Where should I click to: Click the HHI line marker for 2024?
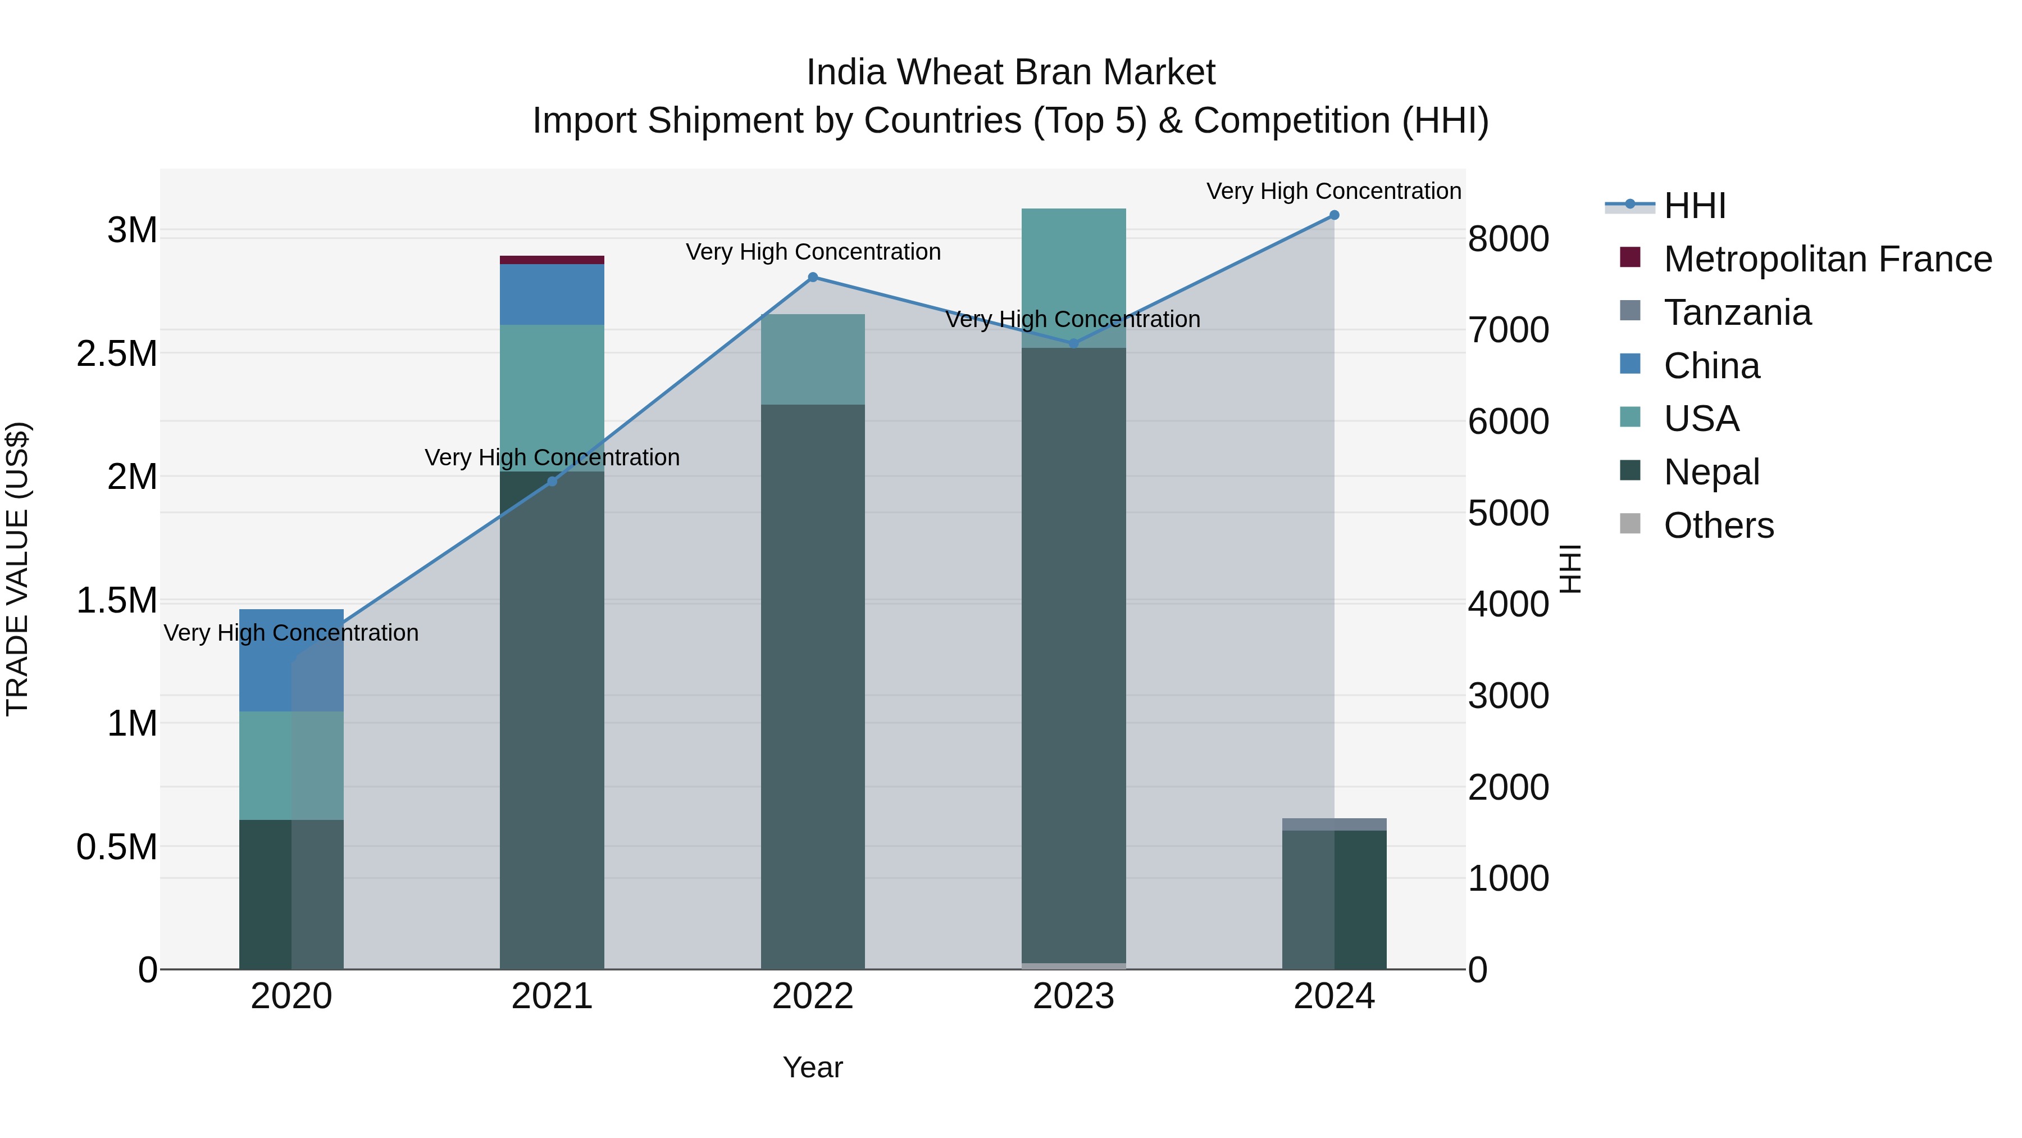pyautogui.click(x=1333, y=215)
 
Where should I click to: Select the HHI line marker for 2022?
pyautogui.click(x=812, y=277)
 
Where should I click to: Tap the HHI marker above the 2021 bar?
pyautogui.click(x=552, y=482)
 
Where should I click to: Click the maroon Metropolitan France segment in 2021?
pyautogui.click(x=552, y=260)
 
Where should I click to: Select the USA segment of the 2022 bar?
pyautogui.click(x=812, y=359)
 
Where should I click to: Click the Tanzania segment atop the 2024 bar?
pyautogui.click(x=1333, y=824)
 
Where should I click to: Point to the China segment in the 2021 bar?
pyautogui.click(x=552, y=294)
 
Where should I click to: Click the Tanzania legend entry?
pyautogui.click(x=1736, y=312)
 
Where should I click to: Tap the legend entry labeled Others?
pyautogui.click(x=1718, y=525)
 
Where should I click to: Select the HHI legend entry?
pyautogui.click(x=1694, y=206)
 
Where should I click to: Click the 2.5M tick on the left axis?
pyautogui.click(x=116, y=354)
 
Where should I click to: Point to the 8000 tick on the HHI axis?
pyautogui.click(x=1508, y=239)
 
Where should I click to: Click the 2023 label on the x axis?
pyautogui.click(x=1073, y=996)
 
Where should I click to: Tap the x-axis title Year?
pyautogui.click(x=812, y=1067)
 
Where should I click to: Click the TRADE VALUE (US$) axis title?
pyautogui.click(x=17, y=569)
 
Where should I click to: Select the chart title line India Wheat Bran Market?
pyautogui.click(x=1010, y=72)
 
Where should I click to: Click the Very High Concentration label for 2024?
pyautogui.click(x=1333, y=191)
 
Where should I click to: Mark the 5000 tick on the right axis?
pyautogui.click(x=1508, y=513)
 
